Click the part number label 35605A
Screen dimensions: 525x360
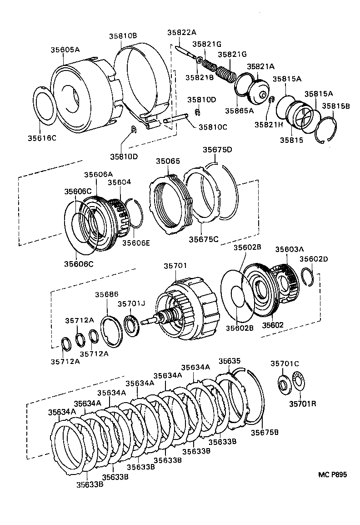tap(65, 50)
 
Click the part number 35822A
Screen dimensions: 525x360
tap(181, 32)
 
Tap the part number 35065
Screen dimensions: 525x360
tap(168, 161)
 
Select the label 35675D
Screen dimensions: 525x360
tap(217, 150)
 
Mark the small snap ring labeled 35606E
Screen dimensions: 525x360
tap(134, 213)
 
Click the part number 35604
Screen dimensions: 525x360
tap(119, 182)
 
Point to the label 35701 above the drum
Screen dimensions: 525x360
tap(175, 266)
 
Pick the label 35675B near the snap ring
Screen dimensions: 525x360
tap(265, 432)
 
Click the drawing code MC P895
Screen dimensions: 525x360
tap(332, 474)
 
